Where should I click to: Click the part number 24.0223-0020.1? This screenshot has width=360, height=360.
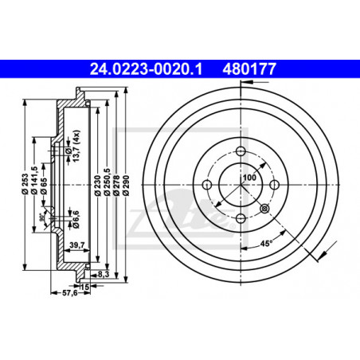pyautogui.click(x=146, y=69)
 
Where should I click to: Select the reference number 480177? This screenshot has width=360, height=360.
pyautogui.click(x=249, y=69)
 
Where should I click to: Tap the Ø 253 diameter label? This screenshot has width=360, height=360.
pyautogui.click(x=25, y=184)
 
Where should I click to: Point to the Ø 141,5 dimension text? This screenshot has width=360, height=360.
pyautogui.click(x=34, y=180)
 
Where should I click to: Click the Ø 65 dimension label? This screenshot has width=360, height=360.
pyautogui.click(x=44, y=186)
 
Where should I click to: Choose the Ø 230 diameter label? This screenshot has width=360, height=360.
pyautogui.click(x=98, y=186)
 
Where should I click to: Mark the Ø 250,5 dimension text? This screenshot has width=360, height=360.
pyautogui.click(x=108, y=182)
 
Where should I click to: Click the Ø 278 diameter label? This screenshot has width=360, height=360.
pyautogui.click(x=116, y=186)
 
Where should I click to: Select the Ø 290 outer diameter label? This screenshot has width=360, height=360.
pyautogui.click(x=126, y=186)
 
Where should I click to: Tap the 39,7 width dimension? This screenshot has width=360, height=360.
pyautogui.click(x=77, y=245)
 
